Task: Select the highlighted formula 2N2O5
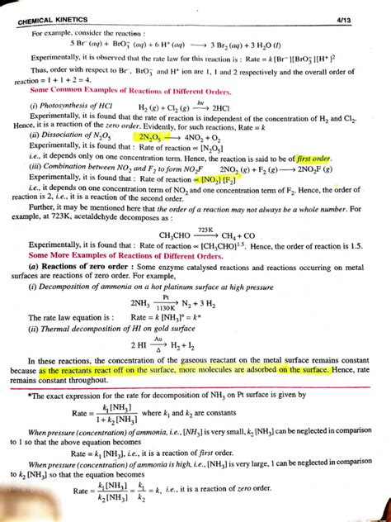(156, 137)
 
